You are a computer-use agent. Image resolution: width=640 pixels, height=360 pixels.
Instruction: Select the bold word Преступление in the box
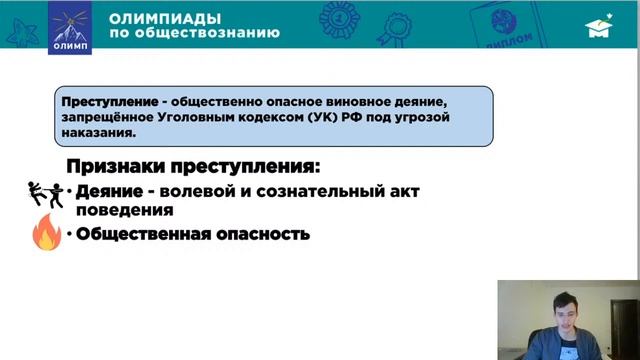click(x=110, y=103)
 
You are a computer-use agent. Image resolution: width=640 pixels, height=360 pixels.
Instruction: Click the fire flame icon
click(x=46, y=234)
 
